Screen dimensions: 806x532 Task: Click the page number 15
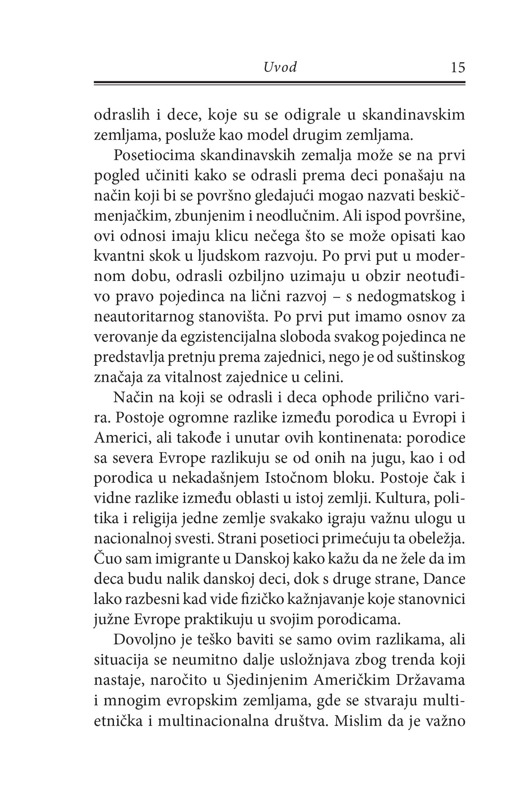pos(458,68)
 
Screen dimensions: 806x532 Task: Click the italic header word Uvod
pos(280,67)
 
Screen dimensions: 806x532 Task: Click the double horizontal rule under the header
pos(280,84)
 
